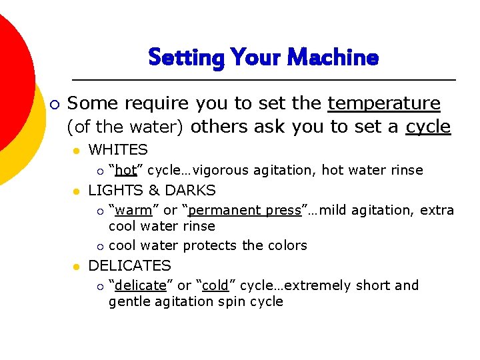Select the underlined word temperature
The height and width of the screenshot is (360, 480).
(x=384, y=103)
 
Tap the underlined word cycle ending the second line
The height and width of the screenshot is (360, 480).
(x=428, y=127)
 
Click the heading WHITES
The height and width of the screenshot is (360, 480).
(x=118, y=150)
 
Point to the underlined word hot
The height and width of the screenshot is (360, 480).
(x=126, y=170)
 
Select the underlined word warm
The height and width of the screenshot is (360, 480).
(x=133, y=210)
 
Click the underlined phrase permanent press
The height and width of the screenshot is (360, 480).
(x=245, y=210)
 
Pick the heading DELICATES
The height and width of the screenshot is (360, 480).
(x=129, y=265)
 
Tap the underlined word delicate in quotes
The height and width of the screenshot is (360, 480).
(x=140, y=285)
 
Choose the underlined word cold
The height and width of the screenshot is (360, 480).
(x=215, y=285)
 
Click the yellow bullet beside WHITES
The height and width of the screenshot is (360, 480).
(x=77, y=151)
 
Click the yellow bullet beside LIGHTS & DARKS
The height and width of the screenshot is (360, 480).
(x=77, y=191)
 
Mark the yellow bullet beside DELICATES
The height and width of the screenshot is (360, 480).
(x=77, y=266)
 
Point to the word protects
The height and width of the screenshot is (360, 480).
(x=211, y=245)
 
